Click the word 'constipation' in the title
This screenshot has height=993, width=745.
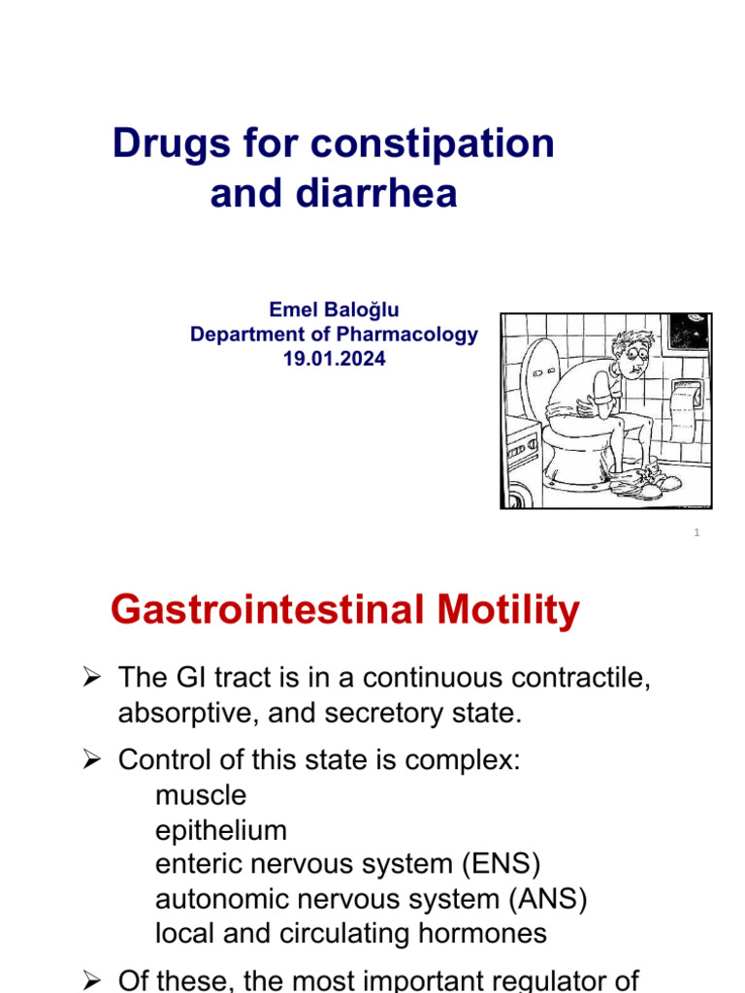(434, 144)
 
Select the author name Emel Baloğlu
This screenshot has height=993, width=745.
(334, 309)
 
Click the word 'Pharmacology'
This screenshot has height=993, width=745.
(406, 335)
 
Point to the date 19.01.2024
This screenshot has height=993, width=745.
(334, 360)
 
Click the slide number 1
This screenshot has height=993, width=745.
(697, 533)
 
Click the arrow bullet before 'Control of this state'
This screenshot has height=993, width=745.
(92, 760)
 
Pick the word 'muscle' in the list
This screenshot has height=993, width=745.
(201, 795)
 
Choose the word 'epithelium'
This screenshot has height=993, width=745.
(221, 830)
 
